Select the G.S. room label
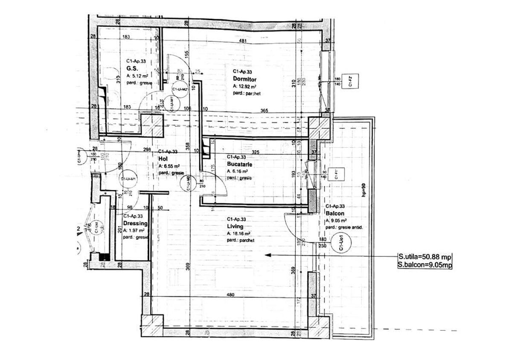tap(131, 68)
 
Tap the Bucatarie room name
tap(240, 164)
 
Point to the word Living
tap(236, 226)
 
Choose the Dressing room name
tap(135, 224)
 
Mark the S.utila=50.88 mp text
tap(424, 257)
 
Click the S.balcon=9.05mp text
tap(424, 265)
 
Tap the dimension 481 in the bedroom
tap(243, 41)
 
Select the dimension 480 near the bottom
tap(230, 294)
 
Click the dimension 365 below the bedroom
tap(264, 110)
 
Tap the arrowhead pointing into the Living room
tap(268, 255)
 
